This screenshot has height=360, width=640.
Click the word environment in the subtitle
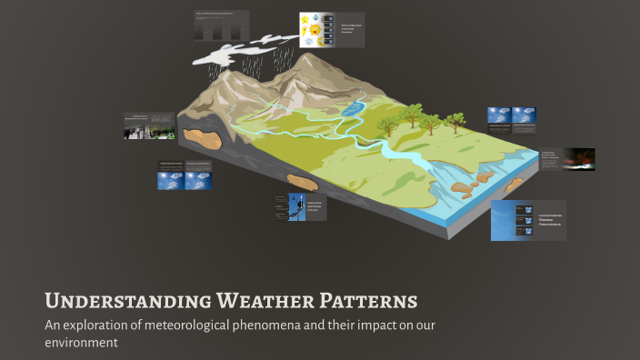[x=82, y=344]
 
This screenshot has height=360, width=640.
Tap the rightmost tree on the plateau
[x=455, y=119]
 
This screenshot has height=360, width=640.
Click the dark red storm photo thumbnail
[x=579, y=160]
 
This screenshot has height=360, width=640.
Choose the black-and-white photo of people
[x=137, y=128]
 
